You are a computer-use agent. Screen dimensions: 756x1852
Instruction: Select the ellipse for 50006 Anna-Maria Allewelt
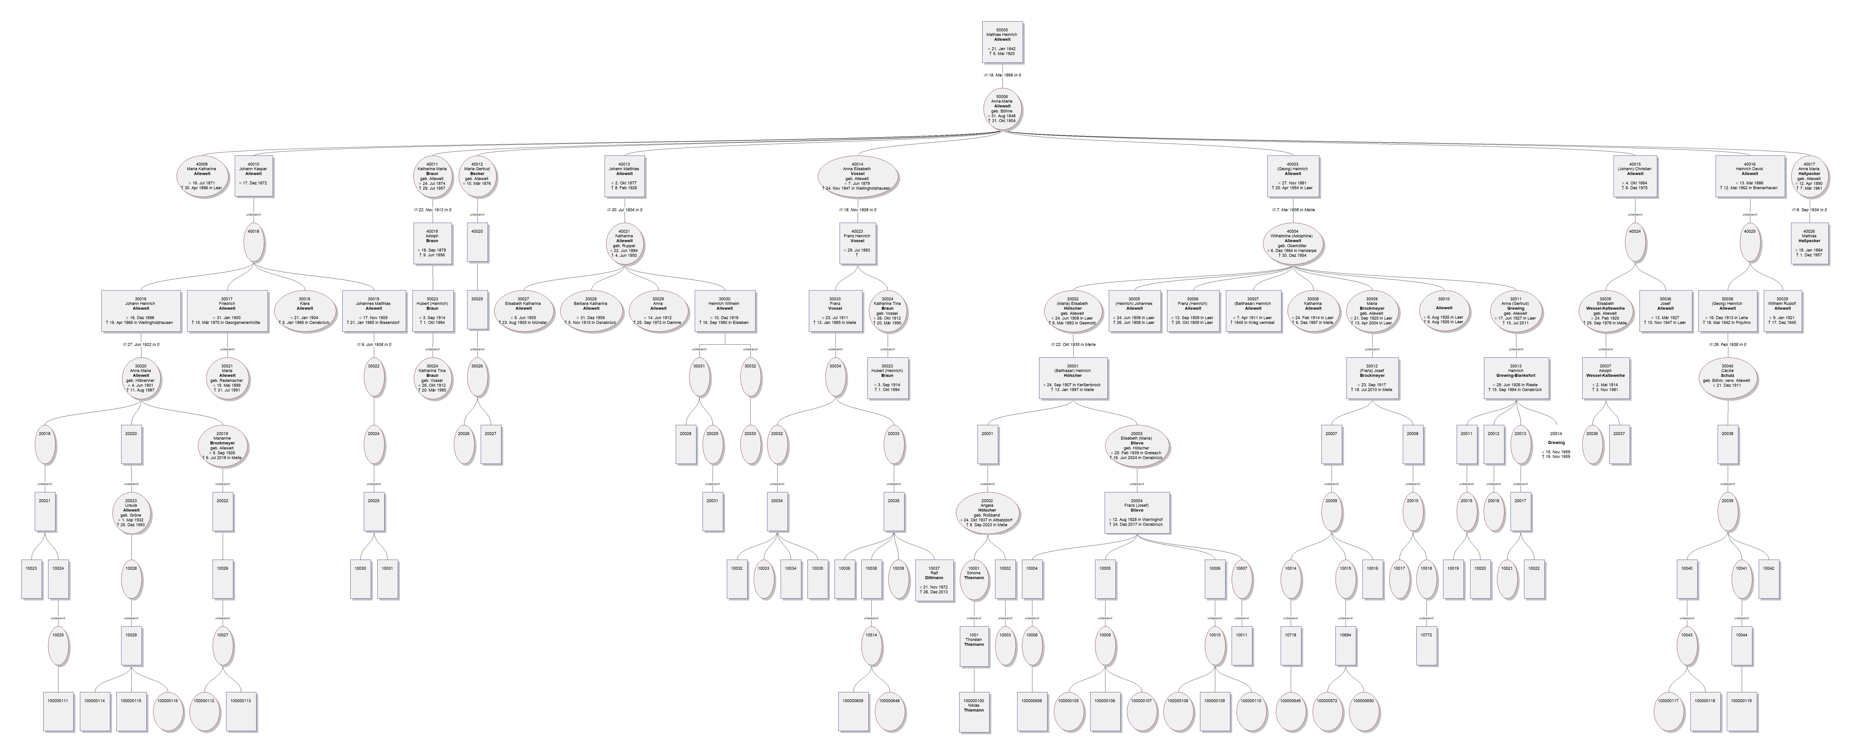[1001, 109]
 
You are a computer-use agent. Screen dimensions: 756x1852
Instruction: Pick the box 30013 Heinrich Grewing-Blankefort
[1516, 378]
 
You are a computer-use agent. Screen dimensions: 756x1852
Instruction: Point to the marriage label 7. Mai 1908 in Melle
[1293, 210]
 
